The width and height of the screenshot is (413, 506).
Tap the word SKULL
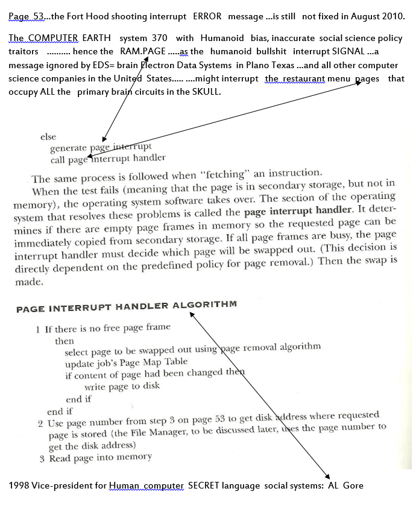208,92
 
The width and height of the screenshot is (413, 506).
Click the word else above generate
48,137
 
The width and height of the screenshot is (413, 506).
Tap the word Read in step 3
61,458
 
